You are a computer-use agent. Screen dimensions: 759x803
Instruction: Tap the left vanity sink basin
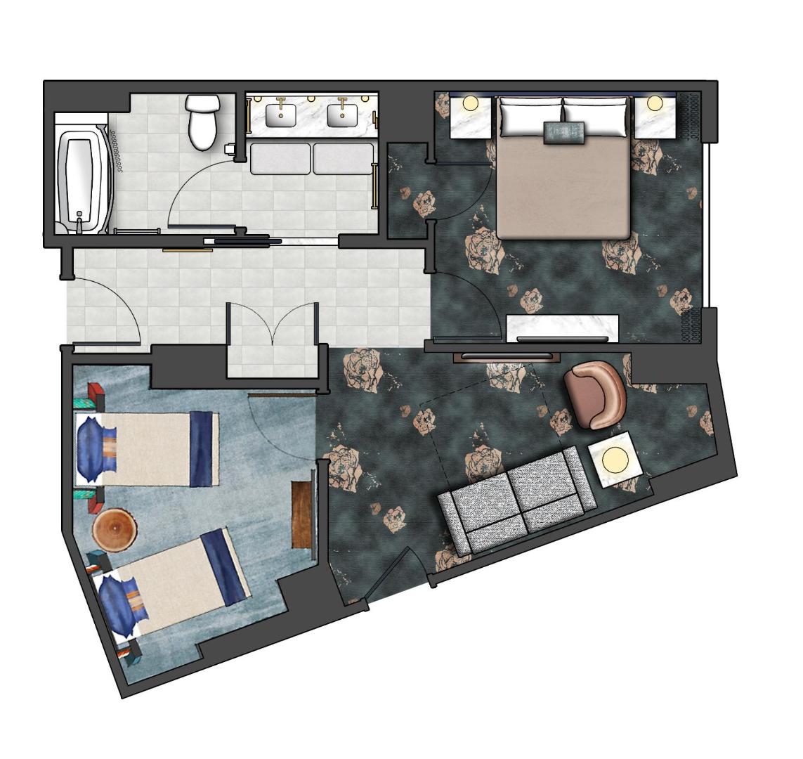point(281,115)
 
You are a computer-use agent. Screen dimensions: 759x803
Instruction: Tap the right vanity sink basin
point(342,115)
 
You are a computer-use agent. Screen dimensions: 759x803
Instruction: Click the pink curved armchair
point(596,394)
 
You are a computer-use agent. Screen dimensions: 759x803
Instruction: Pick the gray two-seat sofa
point(516,499)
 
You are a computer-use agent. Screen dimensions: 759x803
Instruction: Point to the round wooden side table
point(114,530)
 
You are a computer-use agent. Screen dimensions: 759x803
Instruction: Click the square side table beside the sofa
point(615,460)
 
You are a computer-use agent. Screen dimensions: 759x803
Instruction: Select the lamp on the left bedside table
point(470,104)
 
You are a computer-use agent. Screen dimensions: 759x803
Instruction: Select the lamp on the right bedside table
point(655,103)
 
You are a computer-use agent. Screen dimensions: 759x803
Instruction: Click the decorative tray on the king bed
point(563,131)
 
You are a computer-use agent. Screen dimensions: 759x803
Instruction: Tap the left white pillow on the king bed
point(530,118)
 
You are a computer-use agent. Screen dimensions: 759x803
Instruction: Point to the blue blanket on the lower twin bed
point(224,566)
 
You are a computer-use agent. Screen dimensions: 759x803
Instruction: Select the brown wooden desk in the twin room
point(302,514)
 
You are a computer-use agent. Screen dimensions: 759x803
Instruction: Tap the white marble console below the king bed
point(562,327)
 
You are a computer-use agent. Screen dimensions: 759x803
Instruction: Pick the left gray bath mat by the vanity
point(281,159)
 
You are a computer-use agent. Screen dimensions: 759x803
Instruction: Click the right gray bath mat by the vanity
point(343,159)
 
